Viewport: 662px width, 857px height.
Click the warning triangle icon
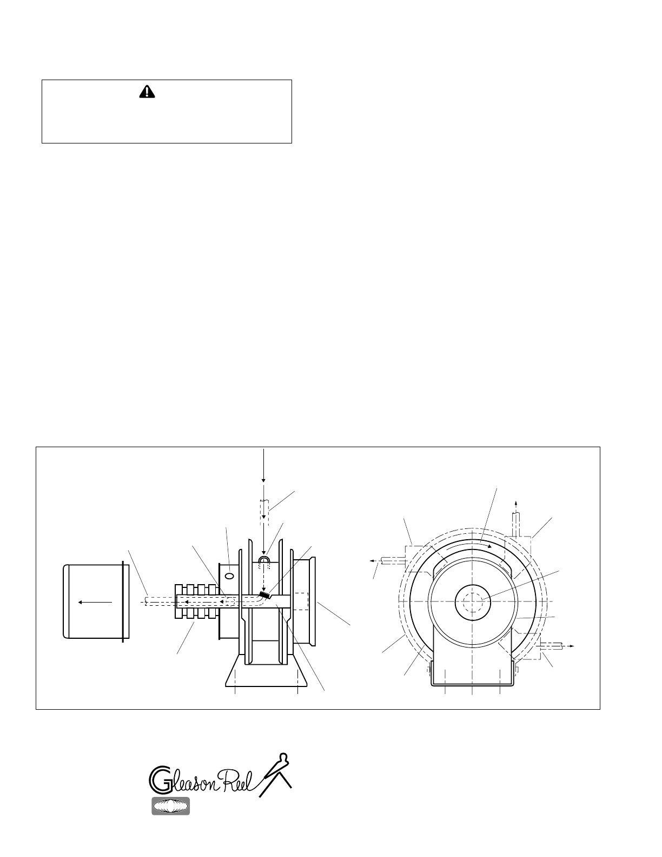[x=147, y=92]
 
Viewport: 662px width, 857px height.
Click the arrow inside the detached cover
[x=95, y=602]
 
